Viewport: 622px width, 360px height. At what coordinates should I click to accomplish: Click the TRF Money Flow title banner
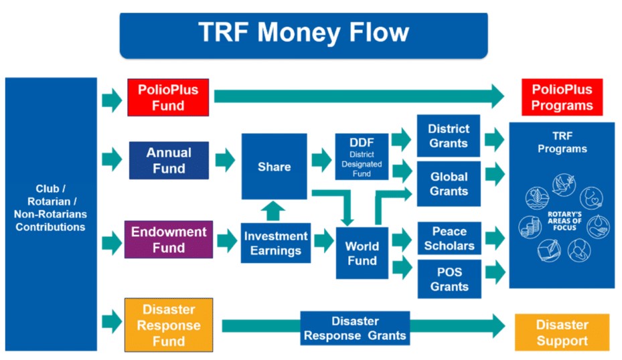pos(303,34)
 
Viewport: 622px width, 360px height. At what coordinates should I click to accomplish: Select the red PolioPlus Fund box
pos(168,97)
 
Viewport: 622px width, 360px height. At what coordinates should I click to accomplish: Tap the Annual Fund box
pos(169,161)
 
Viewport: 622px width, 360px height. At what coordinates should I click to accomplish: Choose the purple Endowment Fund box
pos(169,240)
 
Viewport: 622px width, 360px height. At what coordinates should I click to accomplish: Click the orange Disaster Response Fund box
pos(169,325)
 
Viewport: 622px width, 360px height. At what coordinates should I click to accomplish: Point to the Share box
pos(274,167)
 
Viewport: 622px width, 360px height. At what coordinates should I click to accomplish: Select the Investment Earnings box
pos(275,243)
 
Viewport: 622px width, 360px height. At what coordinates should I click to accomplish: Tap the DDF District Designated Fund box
pos(362,156)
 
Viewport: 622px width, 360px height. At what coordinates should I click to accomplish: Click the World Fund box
pos(362,253)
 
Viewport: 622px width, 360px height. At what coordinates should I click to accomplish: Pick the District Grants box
pos(449,136)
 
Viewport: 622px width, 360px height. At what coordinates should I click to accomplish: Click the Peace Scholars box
pos(449,238)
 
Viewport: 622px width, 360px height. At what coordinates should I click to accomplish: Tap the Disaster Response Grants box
pos(355,328)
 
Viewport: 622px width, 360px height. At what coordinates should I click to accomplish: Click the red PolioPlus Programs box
pos(562,97)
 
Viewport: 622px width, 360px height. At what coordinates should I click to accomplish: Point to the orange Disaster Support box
pos(562,333)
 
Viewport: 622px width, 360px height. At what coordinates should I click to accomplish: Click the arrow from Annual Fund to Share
pos(225,161)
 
